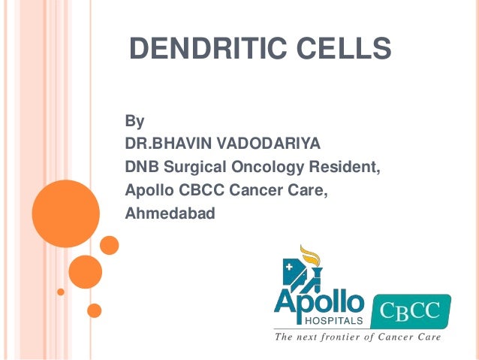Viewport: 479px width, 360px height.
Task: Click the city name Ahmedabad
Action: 170,213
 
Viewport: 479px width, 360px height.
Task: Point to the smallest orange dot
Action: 62,291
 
